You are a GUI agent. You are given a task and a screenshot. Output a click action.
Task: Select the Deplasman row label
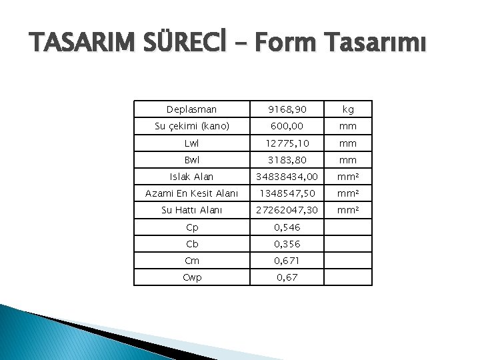point(191,109)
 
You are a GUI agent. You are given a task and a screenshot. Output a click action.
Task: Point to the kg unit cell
point(348,109)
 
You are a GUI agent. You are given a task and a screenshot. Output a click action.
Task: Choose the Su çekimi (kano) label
point(191,126)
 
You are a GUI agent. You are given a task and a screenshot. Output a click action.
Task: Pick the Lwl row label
point(191,143)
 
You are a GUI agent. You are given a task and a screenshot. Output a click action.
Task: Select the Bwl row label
point(191,160)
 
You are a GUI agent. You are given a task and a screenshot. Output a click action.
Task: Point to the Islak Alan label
point(191,177)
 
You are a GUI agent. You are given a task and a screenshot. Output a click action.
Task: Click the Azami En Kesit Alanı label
point(191,193)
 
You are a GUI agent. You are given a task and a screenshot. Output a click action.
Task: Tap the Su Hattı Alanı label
point(191,210)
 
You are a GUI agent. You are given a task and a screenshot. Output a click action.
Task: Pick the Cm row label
point(191,260)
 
